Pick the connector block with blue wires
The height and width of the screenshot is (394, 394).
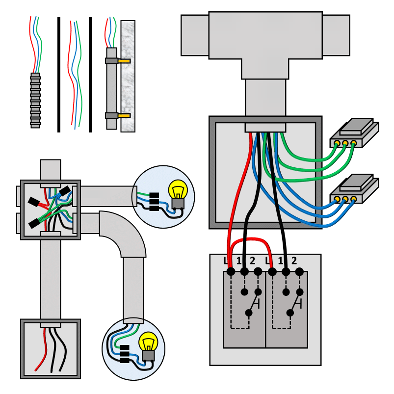[354, 189]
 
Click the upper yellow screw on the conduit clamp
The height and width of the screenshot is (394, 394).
[124, 61]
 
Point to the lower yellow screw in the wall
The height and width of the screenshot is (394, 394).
[124, 116]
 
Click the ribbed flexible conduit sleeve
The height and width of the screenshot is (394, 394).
[35, 101]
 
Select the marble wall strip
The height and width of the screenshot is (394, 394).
[128, 76]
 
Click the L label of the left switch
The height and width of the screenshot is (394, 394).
[226, 261]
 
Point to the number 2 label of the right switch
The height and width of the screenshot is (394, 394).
[294, 261]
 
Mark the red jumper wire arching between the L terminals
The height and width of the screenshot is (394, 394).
[251, 239]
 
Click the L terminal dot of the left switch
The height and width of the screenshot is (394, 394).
[231, 272]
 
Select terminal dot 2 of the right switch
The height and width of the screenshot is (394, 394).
[299, 272]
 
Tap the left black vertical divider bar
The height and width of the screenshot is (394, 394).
[59, 75]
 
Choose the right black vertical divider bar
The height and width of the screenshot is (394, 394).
[90, 75]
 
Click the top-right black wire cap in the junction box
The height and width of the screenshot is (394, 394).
[65, 191]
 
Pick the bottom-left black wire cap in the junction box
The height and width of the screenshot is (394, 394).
[34, 223]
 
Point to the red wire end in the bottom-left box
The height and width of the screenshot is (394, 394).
[36, 370]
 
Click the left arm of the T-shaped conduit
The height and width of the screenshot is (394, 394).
[195, 35]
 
